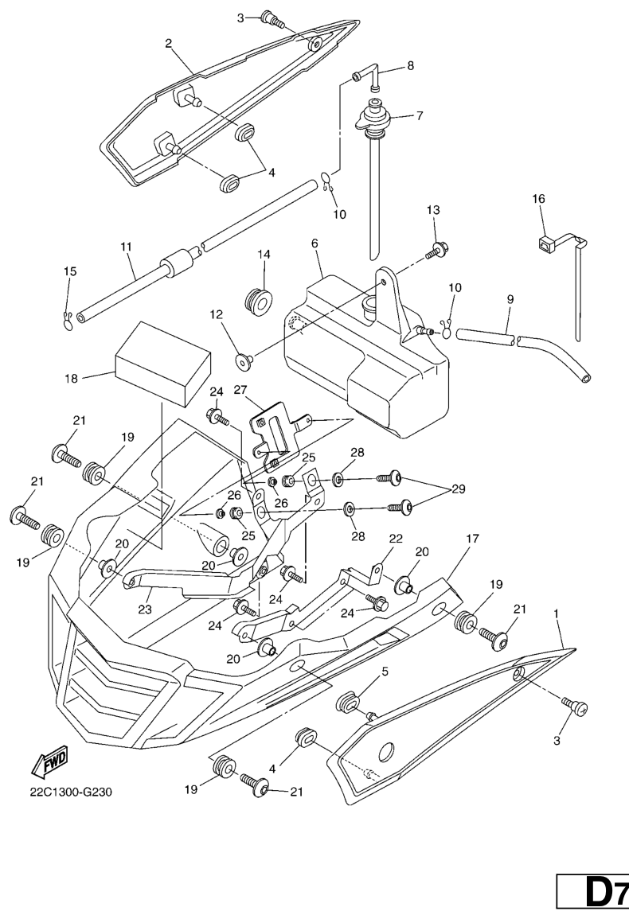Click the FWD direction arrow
[49, 761]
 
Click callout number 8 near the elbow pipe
[410, 66]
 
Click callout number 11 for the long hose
[126, 247]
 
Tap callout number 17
[472, 539]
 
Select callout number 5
[385, 672]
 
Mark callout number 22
[396, 539]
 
